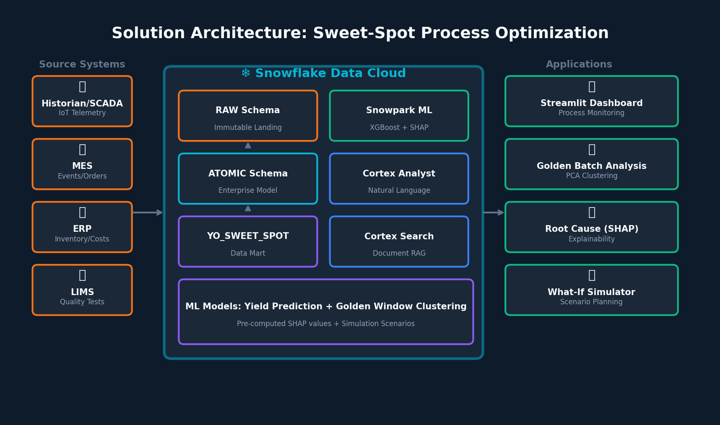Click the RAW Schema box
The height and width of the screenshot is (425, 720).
tap(248, 116)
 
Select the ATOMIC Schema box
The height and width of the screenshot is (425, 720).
tap(248, 179)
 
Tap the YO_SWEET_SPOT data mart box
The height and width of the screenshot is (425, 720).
tap(248, 241)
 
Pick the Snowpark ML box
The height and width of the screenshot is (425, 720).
tap(399, 116)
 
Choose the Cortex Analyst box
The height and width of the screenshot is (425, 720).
tap(399, 179)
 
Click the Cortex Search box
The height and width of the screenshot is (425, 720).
tap(399, 241)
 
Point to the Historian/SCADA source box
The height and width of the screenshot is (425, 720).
tap(82, 101)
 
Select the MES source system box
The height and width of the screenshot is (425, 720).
tap(82, 164)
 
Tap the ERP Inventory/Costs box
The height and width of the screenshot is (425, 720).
tap(82, 227)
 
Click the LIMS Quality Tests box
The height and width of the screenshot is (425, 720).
tap(82, 290)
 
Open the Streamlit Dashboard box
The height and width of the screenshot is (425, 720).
tap(591, 101)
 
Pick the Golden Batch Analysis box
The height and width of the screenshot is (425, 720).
tap(591, 164)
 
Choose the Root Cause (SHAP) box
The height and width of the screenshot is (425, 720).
tap(591, 227)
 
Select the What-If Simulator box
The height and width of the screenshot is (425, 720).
tap(591, 290)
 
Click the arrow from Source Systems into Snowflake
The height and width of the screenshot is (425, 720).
tap(148, 212)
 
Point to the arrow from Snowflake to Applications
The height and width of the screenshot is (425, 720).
tap(494, 212)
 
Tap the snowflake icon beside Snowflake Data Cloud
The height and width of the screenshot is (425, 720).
tap(246, 73)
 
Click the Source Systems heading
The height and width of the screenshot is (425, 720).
tap(82, 64)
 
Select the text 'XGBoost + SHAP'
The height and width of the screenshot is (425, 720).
tap(399, 127)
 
